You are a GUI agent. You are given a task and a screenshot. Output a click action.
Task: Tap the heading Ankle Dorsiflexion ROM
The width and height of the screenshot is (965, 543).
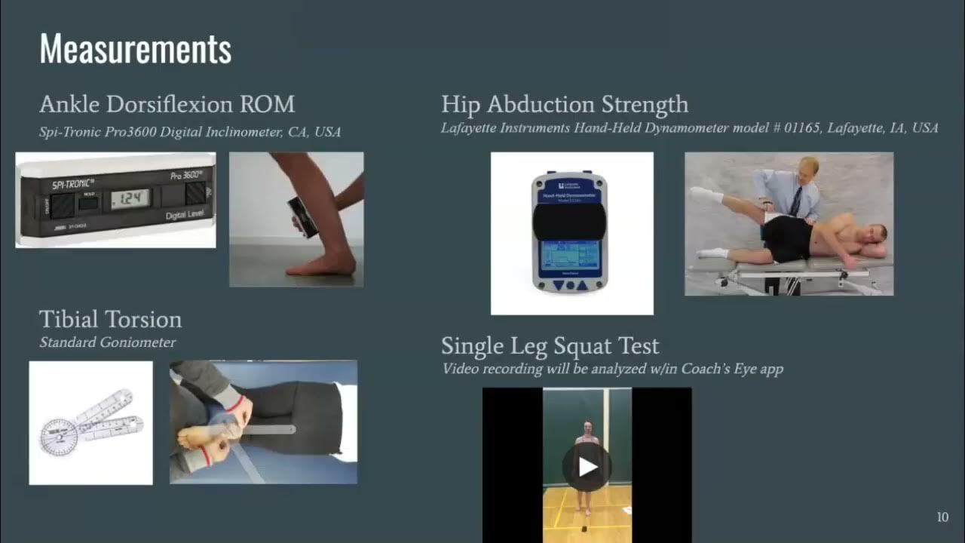tap(167, 104)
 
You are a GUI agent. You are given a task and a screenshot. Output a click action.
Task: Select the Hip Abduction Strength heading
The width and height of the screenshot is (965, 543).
tap(564, 104)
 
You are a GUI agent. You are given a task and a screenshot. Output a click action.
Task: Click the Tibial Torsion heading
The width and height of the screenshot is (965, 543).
tap(110, 319)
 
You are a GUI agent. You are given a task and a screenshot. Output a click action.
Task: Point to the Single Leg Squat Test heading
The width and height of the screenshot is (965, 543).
tap(550, 345)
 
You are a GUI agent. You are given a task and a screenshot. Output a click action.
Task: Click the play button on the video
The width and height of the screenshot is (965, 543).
tap(587, 466)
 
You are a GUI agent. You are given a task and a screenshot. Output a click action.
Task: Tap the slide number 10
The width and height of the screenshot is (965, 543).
tap(942, 517)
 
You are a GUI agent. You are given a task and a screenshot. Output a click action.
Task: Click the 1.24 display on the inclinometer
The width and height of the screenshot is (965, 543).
tap(130, 199)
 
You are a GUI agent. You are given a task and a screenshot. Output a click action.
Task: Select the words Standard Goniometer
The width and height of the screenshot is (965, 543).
tap(107, 342)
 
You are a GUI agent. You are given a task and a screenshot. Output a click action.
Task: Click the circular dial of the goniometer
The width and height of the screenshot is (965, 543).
tap(59, 436)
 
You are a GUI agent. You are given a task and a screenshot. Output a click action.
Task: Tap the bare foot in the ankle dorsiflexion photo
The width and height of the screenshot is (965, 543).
tap(314, 265)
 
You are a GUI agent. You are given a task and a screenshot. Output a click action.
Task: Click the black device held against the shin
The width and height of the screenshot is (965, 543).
tap(303, 217)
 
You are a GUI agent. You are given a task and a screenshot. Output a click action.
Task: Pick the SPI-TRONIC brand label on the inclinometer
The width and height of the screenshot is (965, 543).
tap(74, 184)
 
